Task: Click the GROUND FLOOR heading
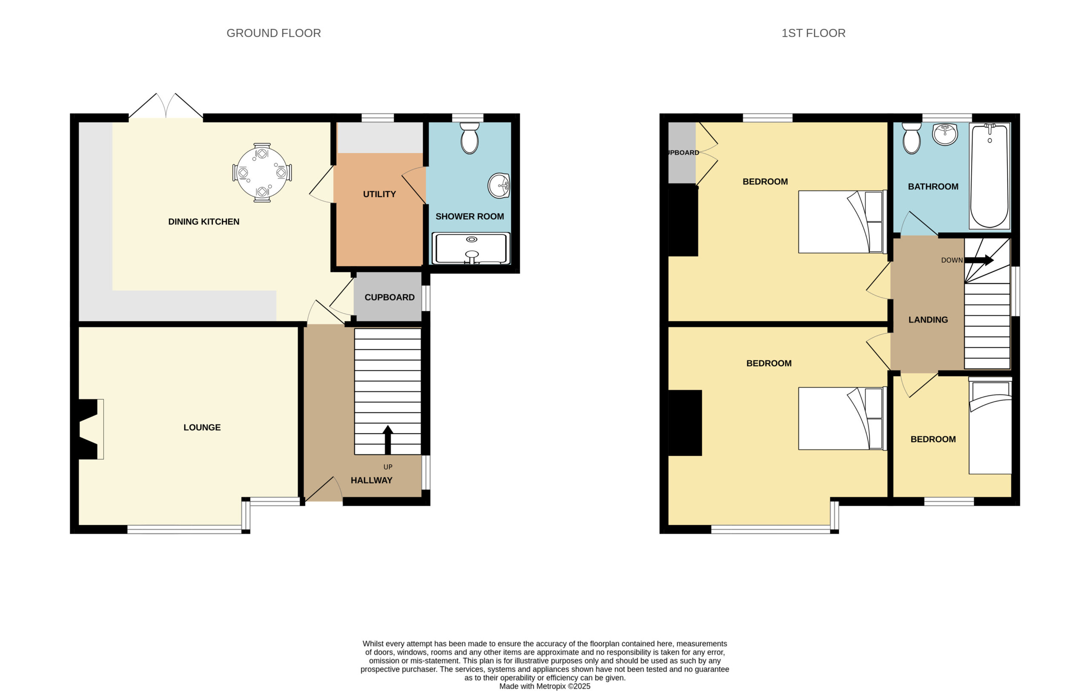273,33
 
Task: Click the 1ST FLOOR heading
813,33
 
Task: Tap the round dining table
262,173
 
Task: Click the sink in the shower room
499,186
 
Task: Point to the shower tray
471,248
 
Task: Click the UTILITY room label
379,194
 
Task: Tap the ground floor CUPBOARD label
389,297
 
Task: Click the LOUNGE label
202,427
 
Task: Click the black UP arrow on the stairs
387,440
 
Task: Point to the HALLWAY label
371,481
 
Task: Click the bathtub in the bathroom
990,176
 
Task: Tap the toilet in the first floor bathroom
911,138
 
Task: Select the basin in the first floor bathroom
945,134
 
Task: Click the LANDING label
928,320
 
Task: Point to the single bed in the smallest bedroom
990,425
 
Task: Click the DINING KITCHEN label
204,222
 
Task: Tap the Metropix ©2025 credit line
545,686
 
